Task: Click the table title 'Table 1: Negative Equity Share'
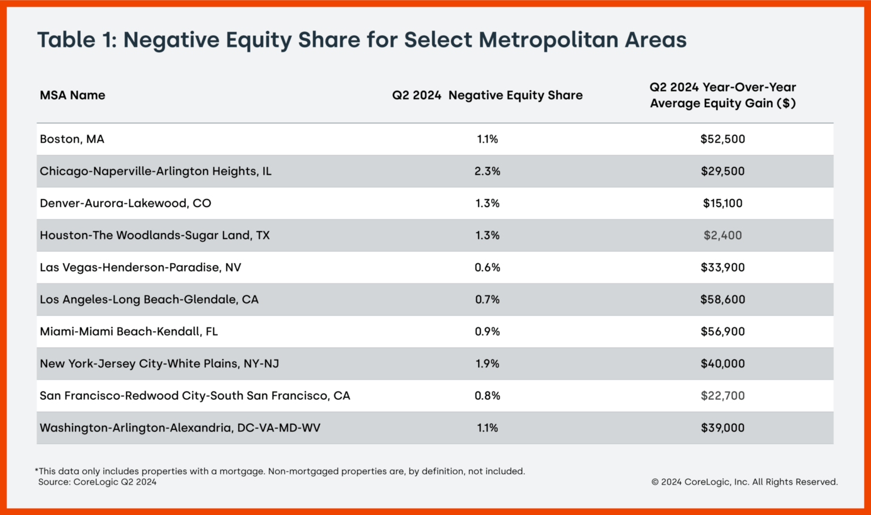tap(361, 40)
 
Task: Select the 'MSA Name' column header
tap(72, 95)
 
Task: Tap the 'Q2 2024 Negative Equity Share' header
tap(487, 95)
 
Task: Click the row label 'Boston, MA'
tap(72, 139)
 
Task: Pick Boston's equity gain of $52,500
tap(722, 139)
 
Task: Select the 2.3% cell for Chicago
tap(487, 171)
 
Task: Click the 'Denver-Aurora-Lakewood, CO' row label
tap(125, 203)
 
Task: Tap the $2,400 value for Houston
tap(722, 235)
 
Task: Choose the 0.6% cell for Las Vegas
tap(487, 267)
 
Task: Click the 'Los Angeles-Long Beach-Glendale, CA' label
tap(149, 299)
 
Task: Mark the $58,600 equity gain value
tap(722, 299)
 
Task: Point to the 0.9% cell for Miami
tap(487, 332)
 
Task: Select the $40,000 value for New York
tap(722, 364)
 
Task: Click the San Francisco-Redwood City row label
tap(195, 396)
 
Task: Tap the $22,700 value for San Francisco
tap(722, 396)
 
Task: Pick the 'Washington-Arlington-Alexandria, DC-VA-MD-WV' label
tap(180, 428)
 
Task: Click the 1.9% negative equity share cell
tap(487, 364)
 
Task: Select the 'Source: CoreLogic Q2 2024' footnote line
tap(97, 482)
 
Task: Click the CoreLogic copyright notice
tap(744, 482)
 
